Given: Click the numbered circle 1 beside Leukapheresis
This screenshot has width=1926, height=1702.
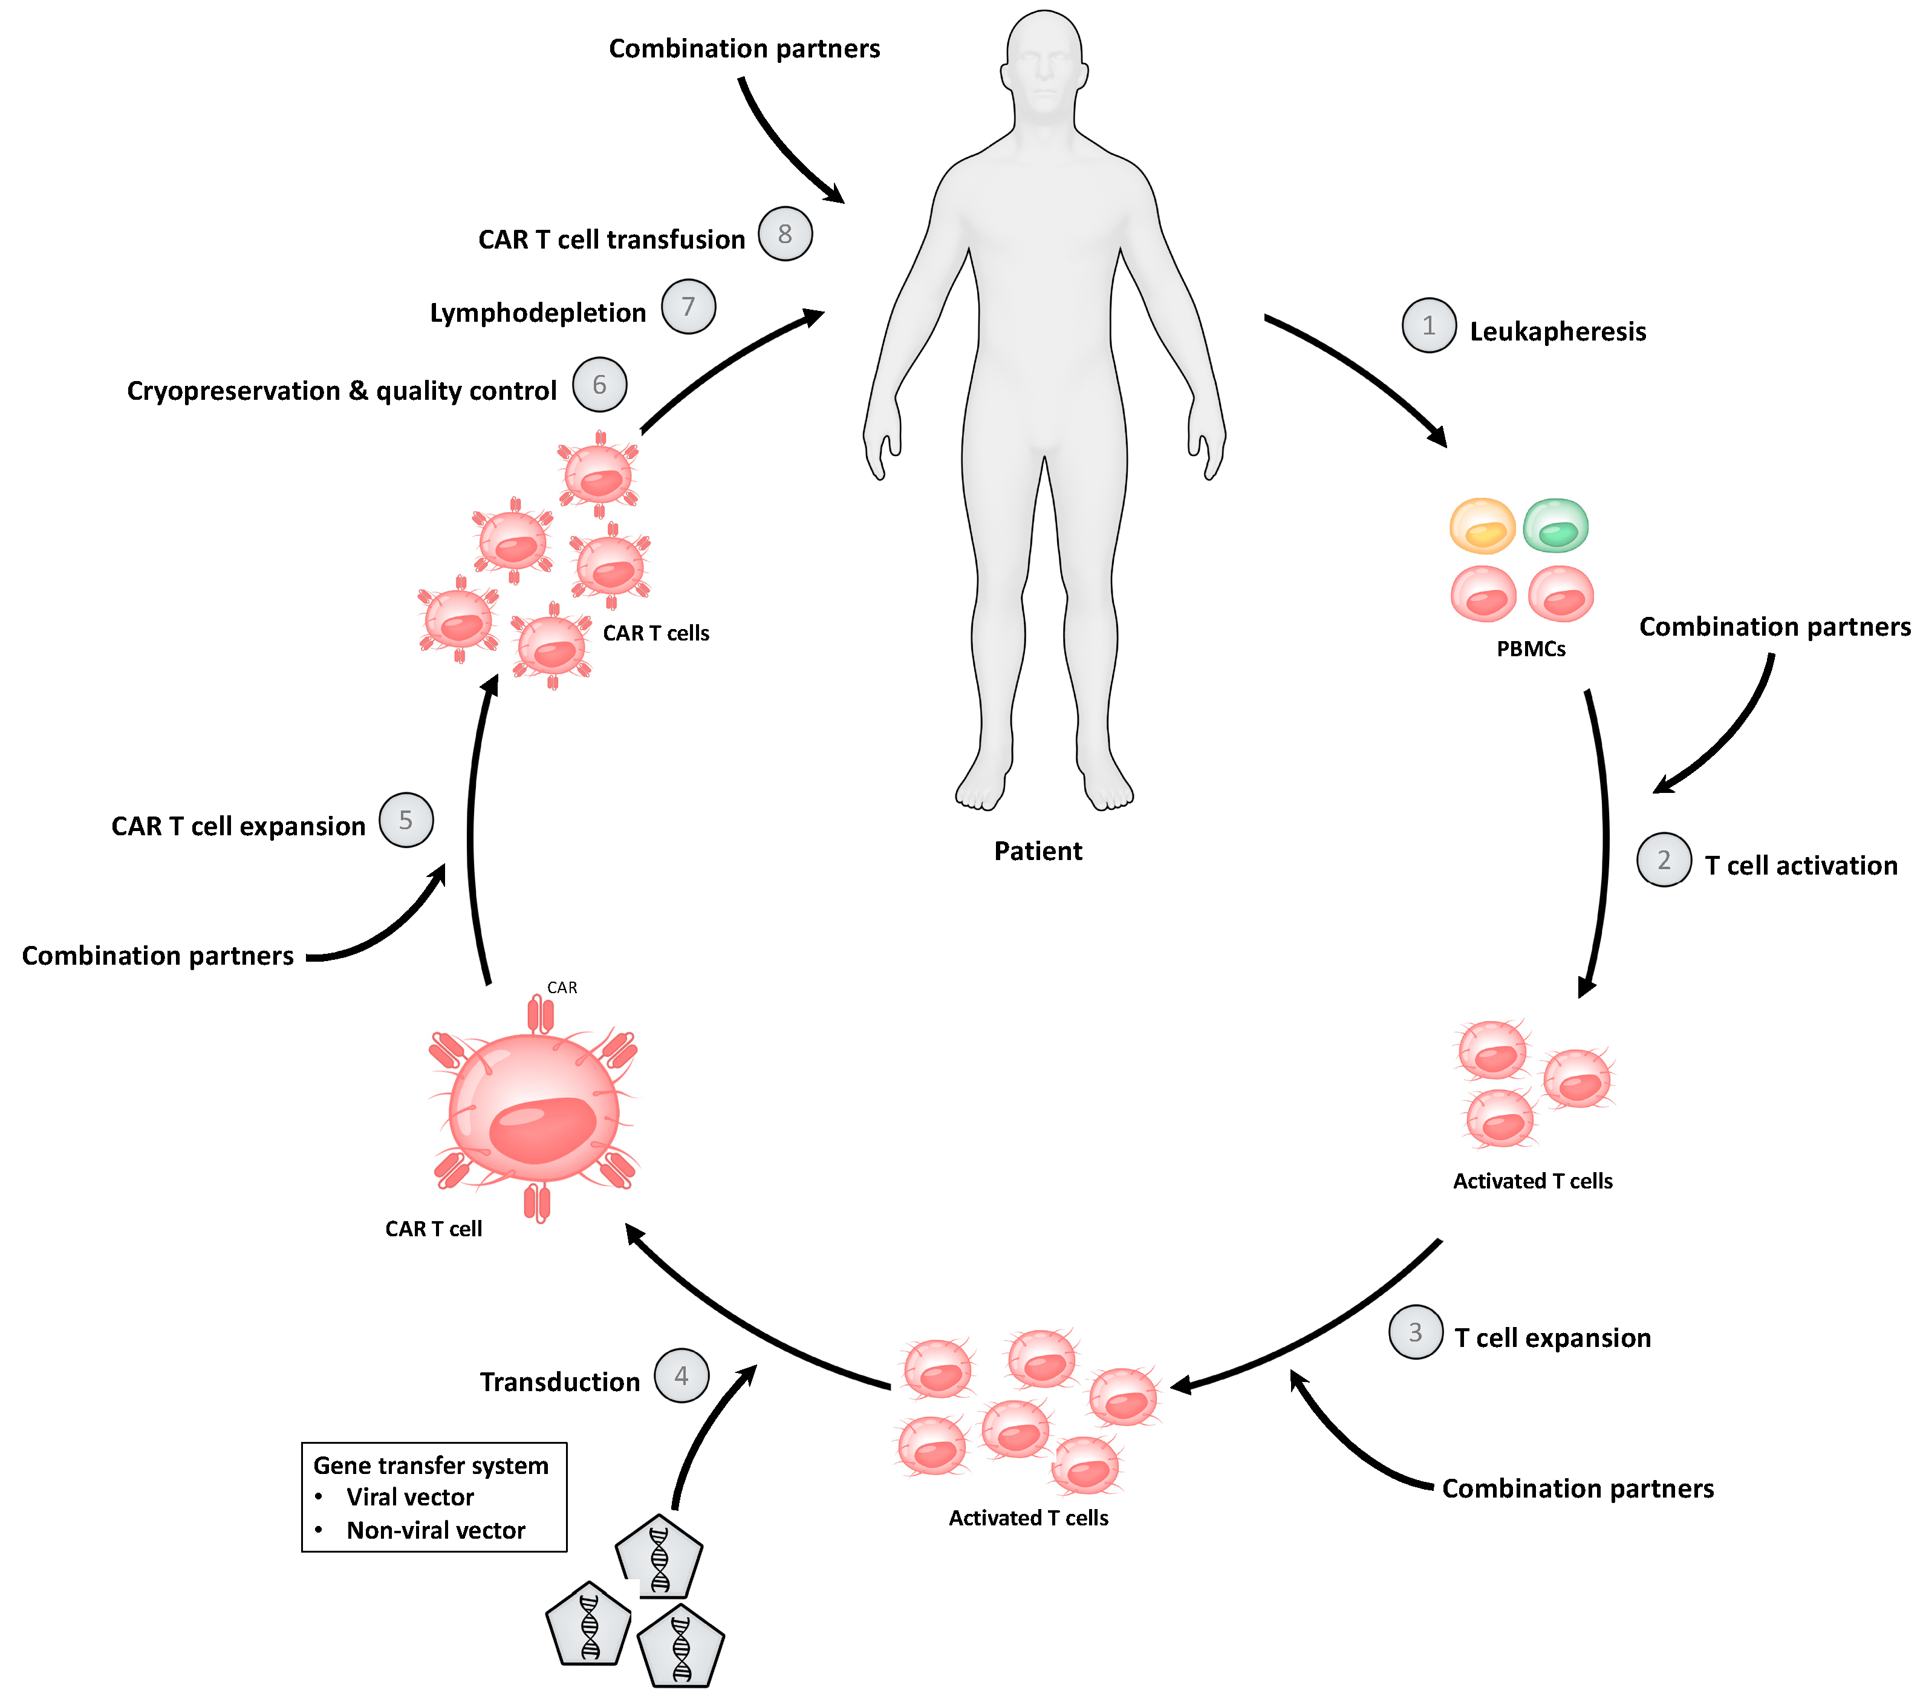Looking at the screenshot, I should click(x=1428, y=326).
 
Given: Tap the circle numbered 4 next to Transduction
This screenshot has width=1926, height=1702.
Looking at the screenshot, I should click(x=682, y=1376).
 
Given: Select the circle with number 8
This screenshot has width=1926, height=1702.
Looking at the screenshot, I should click(x=785, y=233).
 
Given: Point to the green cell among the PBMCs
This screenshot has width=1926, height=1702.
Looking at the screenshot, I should click(x=1556, y=526).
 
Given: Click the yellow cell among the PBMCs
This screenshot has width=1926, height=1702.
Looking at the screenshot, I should click(x=1482, y=526).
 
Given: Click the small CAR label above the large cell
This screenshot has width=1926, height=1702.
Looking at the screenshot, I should click(x=562, y=988).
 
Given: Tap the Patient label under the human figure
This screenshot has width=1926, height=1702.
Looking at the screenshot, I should click(x=1038, y=851).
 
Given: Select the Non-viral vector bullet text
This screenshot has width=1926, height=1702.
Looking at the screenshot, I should click(x=435, y=1530).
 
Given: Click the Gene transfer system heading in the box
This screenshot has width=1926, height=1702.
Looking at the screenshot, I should click(x=431, y=1466).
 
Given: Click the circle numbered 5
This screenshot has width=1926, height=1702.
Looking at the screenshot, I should click(x=406, y=820).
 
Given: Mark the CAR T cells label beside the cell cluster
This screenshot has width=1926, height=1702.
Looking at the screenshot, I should click(x=656, y=633).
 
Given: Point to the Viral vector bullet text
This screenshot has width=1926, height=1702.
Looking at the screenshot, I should click(x=410, y=1498).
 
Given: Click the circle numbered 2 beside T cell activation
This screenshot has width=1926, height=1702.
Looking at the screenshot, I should click(x=1664, y=859).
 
